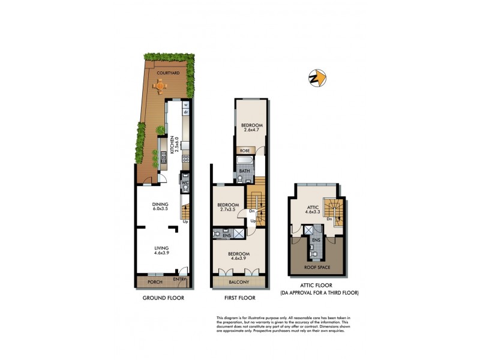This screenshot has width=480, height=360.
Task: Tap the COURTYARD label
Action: tap(168, 73)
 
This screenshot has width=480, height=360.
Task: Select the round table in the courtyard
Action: tap(160, 86)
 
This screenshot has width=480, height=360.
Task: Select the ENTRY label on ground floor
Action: tap(180, 280)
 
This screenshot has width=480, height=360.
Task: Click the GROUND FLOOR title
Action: tap(163, 298)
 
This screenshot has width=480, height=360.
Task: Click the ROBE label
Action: tap(244, 151)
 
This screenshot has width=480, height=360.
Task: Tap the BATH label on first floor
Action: tap(245, 171)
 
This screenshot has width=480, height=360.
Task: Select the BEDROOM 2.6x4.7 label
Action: tap(248, 128)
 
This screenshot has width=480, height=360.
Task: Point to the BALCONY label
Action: tap(239, 281)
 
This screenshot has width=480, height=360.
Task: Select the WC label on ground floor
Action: tap(186, 182)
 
